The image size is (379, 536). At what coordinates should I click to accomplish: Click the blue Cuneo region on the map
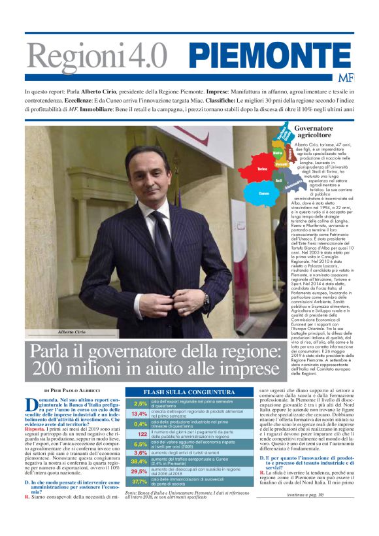(x=262, y=193)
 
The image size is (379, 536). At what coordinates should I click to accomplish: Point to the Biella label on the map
(x=277, y=154)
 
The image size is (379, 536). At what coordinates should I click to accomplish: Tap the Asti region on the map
(x=278, y=180)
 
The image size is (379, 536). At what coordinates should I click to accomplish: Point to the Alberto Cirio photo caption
(x=72, y=332)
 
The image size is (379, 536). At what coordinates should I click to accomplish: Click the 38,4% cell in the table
(x=140, y=461)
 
